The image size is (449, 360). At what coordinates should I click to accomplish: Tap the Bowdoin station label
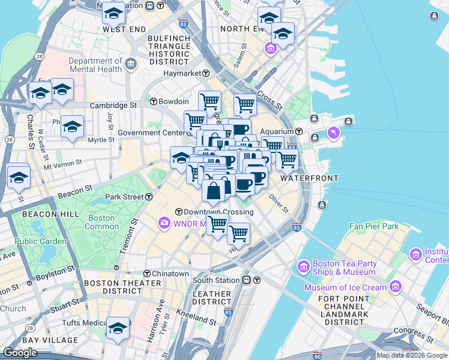coord(173,101)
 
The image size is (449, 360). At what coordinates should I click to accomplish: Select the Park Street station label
coord(125,197)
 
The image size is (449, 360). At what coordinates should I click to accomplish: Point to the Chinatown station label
coord(170,274)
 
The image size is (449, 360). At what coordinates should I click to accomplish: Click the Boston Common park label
coord(103,223)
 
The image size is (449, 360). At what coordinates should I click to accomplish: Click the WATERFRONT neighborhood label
coord(309,178)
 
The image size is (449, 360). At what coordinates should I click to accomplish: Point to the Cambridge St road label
coord(113,105)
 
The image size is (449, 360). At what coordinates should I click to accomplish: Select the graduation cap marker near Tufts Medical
coord(118,328)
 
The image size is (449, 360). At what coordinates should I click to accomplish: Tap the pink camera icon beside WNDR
coord(164,224)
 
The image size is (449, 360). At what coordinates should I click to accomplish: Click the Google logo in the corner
coord(21,353)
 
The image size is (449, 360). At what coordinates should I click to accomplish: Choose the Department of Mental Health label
coord(95,65)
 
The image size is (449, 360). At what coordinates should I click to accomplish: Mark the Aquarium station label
coord(281,131)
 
